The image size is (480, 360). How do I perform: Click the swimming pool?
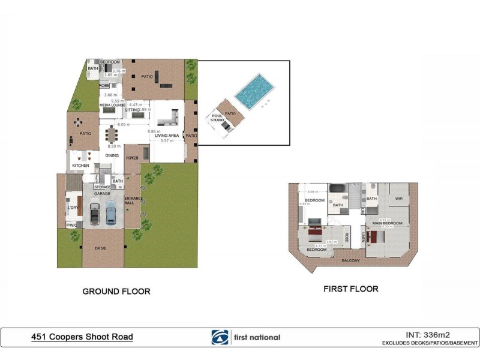coord(255,90)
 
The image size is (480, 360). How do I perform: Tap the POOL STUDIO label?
coord(217,118)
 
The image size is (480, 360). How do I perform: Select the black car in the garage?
coord(95,213)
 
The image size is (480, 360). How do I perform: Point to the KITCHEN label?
coord(81,165)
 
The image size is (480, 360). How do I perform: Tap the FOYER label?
coord(132,158)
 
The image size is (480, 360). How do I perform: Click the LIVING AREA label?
coord(167,136)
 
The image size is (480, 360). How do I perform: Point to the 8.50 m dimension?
coord(112,146)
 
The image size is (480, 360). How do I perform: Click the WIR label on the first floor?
coord(398,198)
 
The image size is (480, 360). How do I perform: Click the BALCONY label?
coord(350,260)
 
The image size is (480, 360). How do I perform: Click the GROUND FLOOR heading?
coord(116,292)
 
